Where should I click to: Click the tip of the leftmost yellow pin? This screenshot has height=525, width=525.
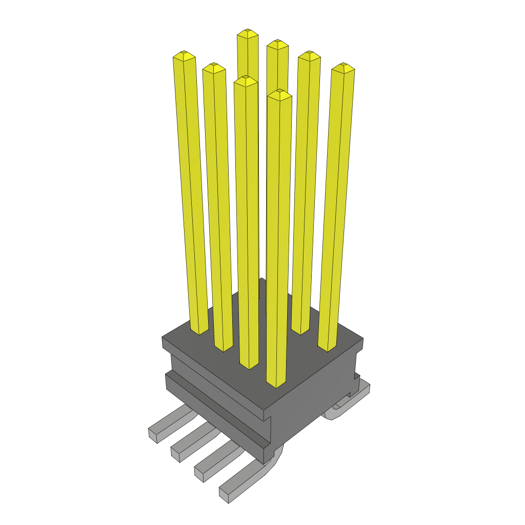click(x=184, y=54)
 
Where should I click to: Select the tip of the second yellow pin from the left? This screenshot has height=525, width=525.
click(x=214, y=67)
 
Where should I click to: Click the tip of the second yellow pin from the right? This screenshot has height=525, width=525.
click(x=309, y=54)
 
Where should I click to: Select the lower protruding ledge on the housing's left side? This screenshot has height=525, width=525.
click(x=215, y=410)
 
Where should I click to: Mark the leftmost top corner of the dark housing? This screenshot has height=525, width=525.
click(x=163, y=338)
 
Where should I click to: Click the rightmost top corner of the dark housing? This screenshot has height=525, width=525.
click(x=362, y=339)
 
